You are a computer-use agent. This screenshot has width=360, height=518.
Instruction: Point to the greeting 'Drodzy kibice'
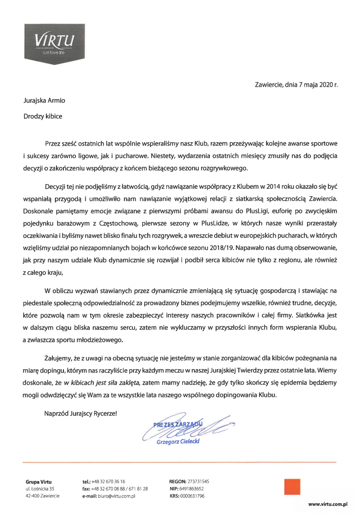coord(43,116)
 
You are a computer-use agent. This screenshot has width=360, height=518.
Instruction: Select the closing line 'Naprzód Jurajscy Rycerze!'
coord(81,413)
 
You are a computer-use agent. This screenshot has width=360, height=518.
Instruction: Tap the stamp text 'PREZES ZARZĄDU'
coord(178,423)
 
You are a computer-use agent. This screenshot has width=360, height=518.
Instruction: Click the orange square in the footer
coord(292,487)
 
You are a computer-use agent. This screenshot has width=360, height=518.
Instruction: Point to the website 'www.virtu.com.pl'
coord(328,503)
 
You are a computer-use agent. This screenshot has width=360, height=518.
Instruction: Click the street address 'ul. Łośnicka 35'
coord(40,489)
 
